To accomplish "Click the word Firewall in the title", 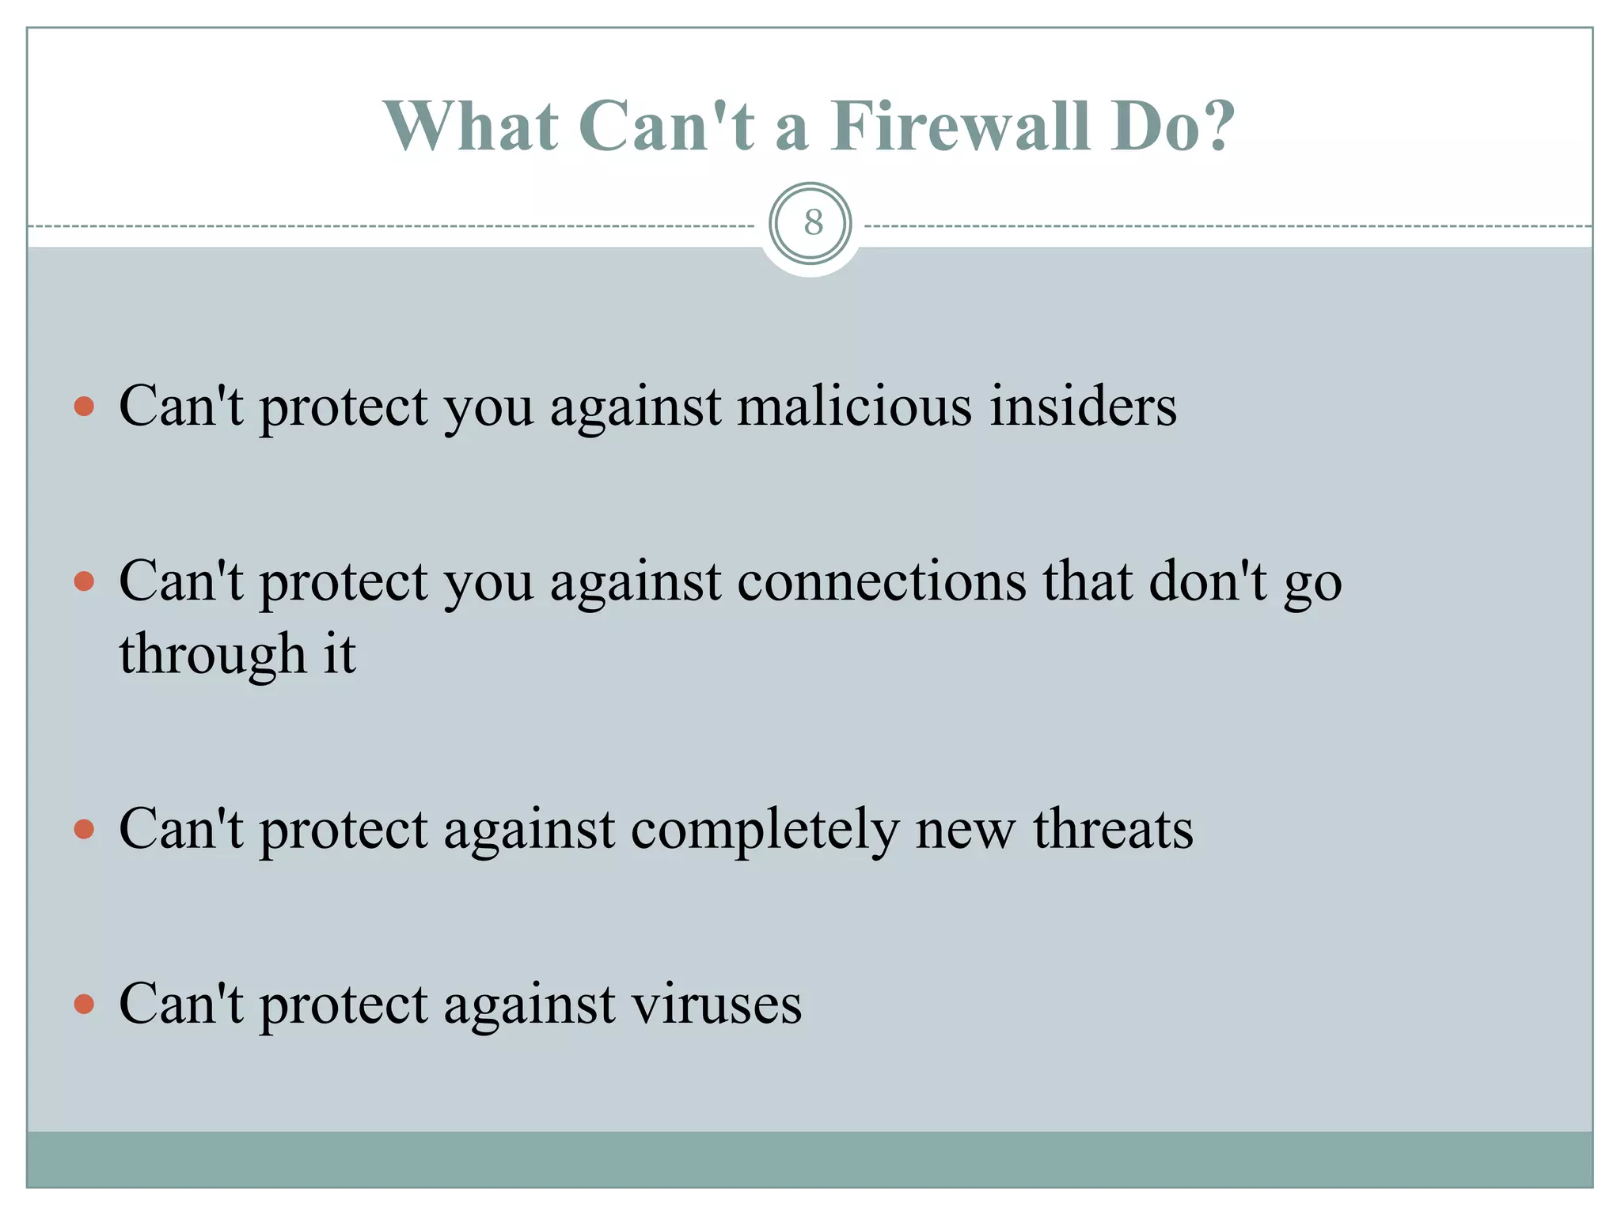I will click(x=960, y=127).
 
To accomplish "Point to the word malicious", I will click(x=854, y=407).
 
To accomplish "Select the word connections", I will click(x=882, y=582).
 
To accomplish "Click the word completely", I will click(x=765, y=831).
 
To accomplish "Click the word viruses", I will click(x=716, y=1005).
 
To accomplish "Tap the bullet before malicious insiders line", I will click(x=84, y=407).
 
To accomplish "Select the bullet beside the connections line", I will click(x=84, y=583).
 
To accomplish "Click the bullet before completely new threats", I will click(x=84, y=831).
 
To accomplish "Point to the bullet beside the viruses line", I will click(x=84, y=1005).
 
